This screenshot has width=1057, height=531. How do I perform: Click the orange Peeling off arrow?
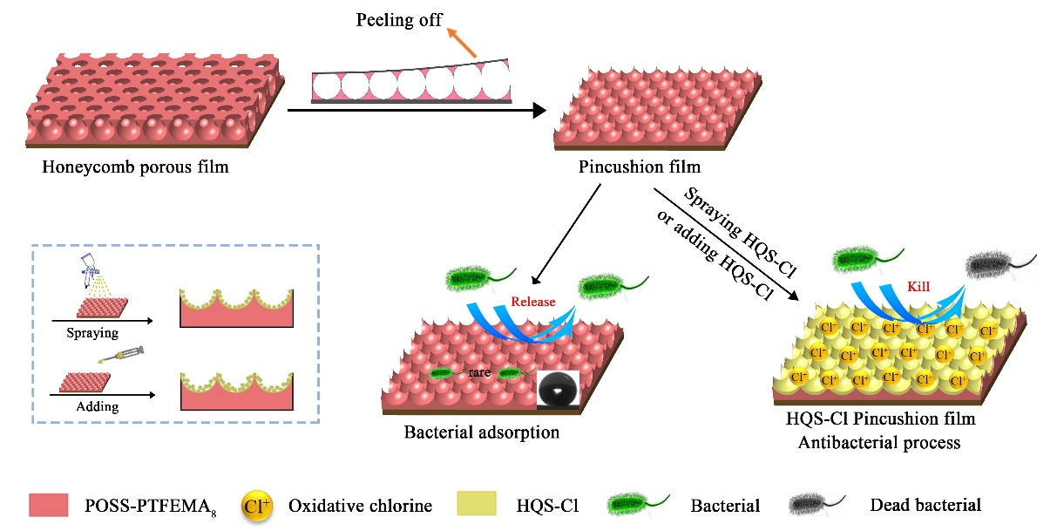point(463,44)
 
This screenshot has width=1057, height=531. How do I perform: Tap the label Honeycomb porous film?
point(135,167)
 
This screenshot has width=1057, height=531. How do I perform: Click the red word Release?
point(532,303)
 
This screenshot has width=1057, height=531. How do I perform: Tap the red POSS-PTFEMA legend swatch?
point(55,504)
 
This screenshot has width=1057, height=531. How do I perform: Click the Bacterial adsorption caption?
point(481,432)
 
